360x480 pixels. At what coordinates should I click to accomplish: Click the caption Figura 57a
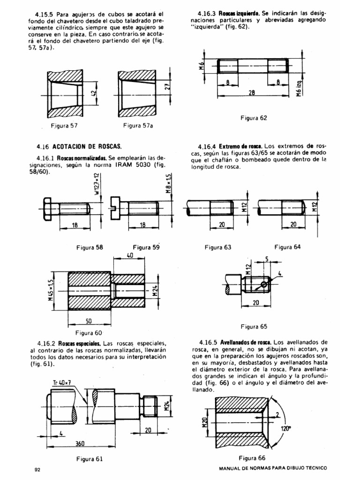138,126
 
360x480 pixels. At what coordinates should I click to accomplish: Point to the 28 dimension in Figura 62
252,93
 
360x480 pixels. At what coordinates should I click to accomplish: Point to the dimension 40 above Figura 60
130,255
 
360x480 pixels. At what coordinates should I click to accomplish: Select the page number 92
38,469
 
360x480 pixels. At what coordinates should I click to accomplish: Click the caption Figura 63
217,247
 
